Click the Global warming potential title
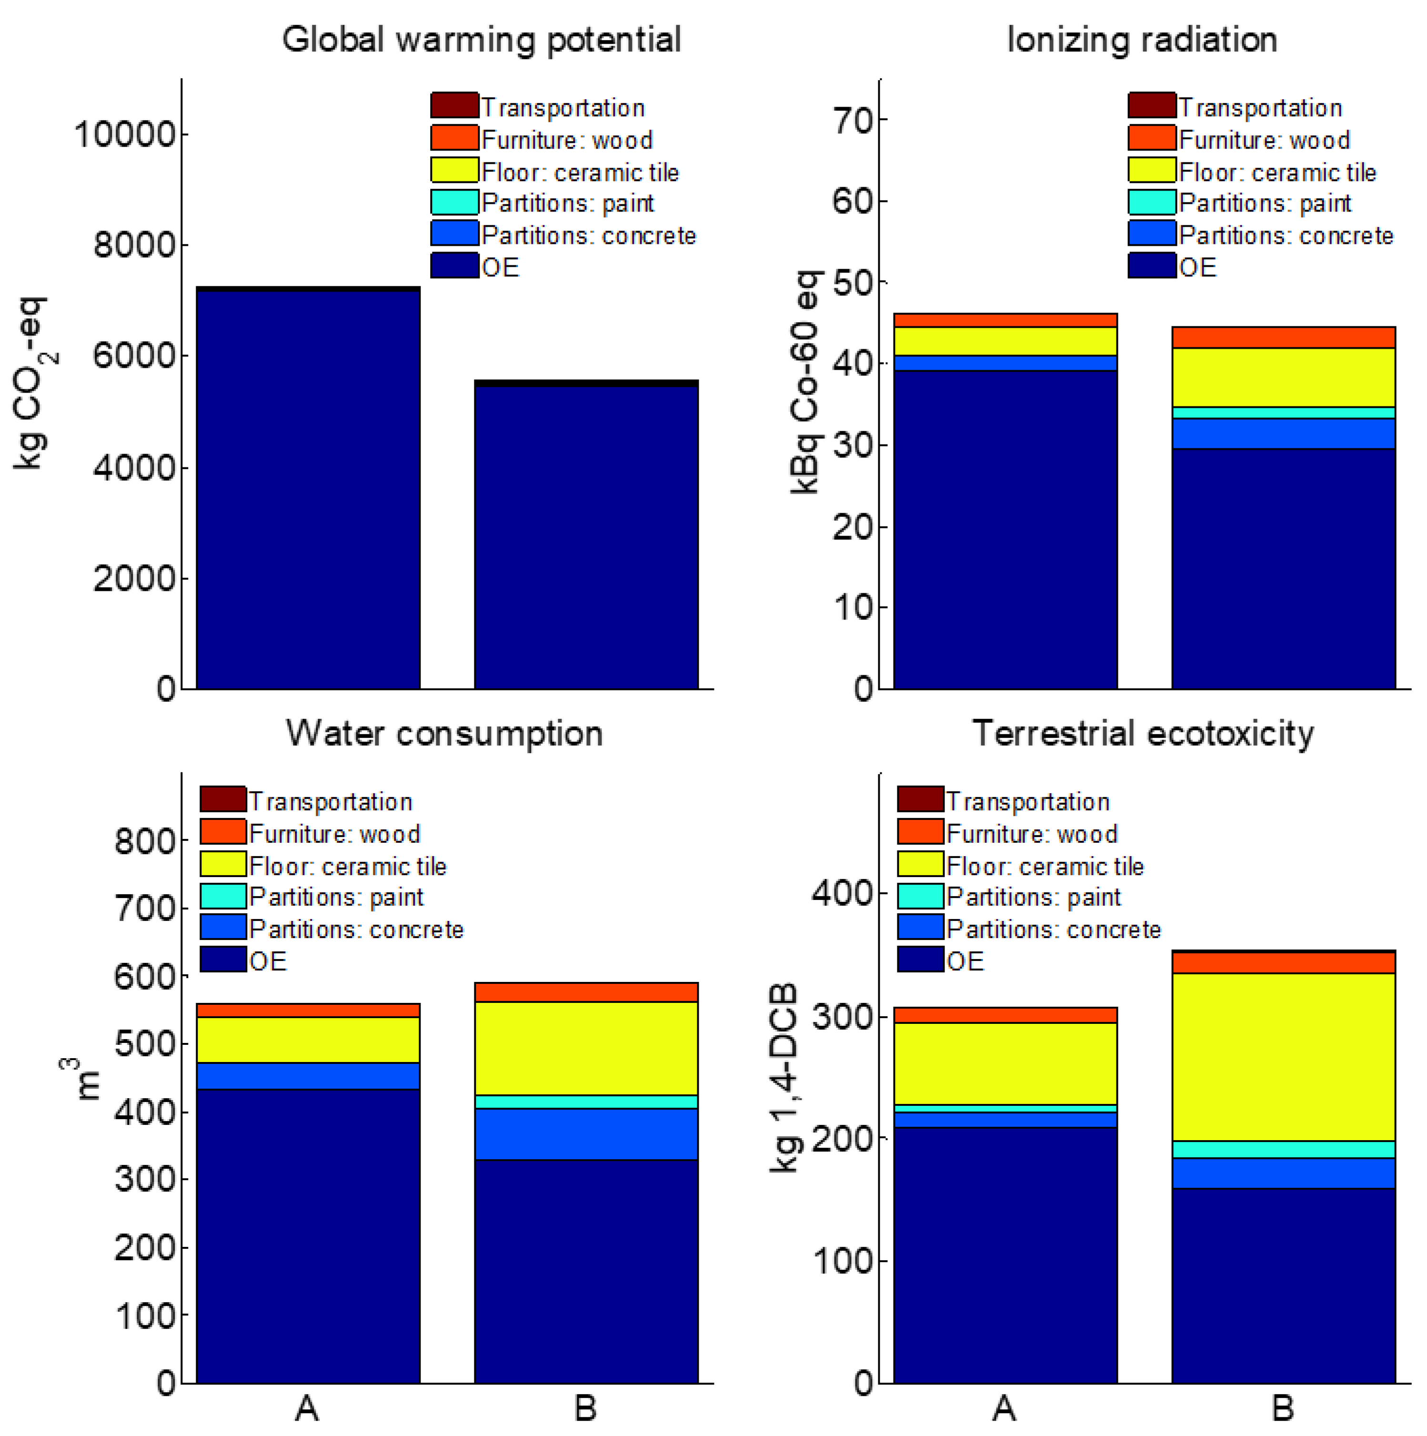481,40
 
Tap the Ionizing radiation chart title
1142,40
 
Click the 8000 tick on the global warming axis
134,245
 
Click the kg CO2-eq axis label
31,383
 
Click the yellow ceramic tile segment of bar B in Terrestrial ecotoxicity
1283,1057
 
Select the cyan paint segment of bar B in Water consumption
586,1102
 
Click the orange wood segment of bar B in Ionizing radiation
1283,337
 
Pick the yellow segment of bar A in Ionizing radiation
1005,341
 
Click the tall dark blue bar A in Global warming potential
308,491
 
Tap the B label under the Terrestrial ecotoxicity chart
1283,1408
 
